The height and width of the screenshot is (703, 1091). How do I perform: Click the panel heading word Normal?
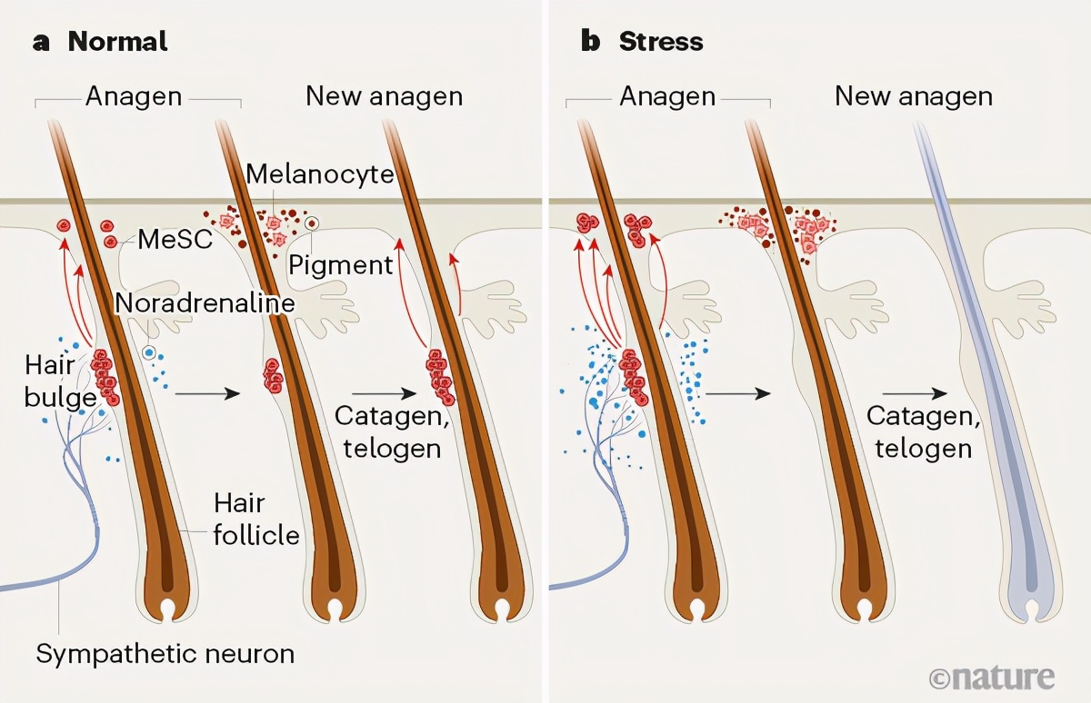(x=118, y=42)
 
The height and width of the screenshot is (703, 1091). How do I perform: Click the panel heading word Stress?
(x=661, y=42)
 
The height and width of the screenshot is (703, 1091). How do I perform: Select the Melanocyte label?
(x=319, y=173)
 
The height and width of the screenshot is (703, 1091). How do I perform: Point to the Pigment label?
(x=341, y=265)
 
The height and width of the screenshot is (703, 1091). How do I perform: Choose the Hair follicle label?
(x=255, y=519)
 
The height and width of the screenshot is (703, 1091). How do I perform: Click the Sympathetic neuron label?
(x=165, y=653)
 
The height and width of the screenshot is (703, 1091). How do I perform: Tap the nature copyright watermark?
(x=992, y=677)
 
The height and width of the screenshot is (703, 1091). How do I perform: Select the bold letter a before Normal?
(x=41, y=42)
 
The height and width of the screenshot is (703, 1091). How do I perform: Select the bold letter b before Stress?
(x=591, y=42)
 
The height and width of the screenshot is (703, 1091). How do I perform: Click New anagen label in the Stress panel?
(x=914, y=96)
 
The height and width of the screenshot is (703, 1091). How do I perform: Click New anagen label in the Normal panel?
(x=385, y=96)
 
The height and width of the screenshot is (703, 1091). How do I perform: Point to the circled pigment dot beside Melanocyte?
(x=312, y=223)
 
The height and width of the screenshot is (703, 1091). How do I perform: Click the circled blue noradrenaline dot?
(x=149, y=351)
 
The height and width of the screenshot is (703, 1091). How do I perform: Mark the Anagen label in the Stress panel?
(x=668, y=96)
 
